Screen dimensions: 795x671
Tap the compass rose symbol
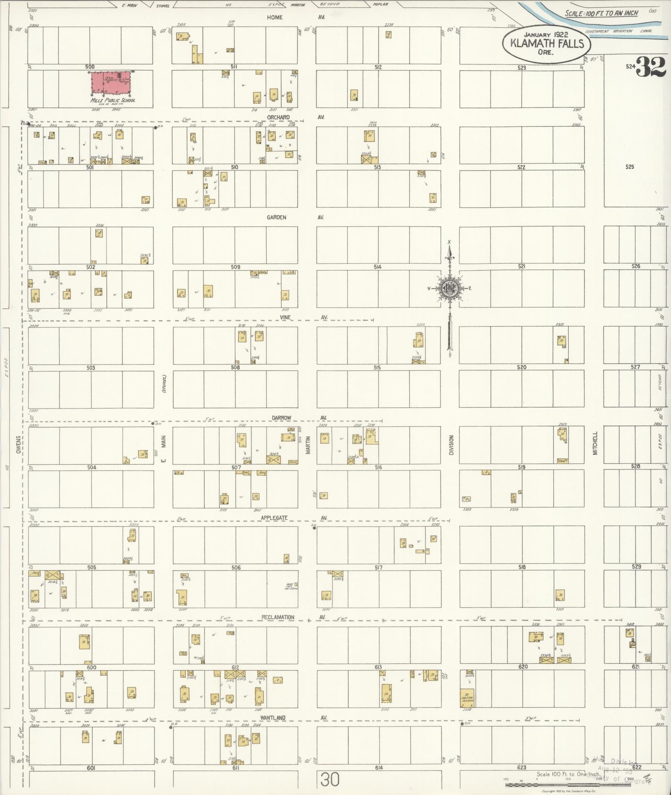(x=450, y=288)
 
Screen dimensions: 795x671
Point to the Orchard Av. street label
(x=278, y=118)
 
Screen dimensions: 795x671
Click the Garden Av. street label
(x=277, y=217)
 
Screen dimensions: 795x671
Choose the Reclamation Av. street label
(x=278, y=617)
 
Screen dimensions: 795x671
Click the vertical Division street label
(x=451, y=445)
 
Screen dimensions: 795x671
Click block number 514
(x=377, y=267)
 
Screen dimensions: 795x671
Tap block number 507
(x=236, y=467)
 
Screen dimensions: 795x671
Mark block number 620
(x=522, y=667)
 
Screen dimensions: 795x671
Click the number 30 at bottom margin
(x=330, y=780)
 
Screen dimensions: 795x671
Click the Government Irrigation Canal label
(x=618, y=31)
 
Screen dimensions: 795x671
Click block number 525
(x=630, y=167)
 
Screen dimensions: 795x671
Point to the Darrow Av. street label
(x=282, y=418)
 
